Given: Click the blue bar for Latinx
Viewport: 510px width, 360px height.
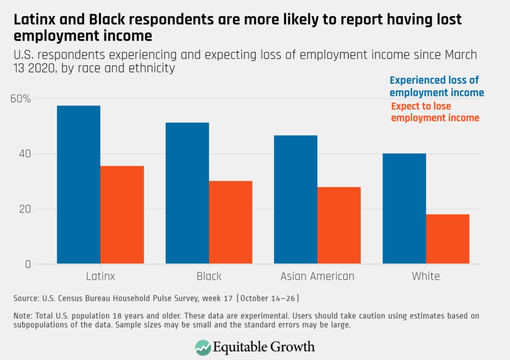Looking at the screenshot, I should pos(78,185).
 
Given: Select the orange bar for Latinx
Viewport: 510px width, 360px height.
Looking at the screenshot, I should pos(122,215).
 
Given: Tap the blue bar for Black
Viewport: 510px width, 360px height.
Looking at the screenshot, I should pos(187,193).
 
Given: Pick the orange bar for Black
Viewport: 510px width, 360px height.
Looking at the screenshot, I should pos(230,222).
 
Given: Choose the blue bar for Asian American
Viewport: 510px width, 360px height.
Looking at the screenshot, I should pos(296,199).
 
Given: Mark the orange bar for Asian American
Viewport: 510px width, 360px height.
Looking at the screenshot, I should pos(339,225).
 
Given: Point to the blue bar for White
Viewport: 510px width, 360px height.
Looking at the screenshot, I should pos(404,208).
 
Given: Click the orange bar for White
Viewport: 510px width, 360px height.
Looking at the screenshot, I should pos(448,239).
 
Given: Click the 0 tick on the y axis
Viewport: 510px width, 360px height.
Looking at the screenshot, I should pos(28,265).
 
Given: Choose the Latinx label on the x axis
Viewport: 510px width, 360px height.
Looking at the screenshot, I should pos(100,276).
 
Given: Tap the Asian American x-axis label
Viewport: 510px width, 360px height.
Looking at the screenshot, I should pos(317,276).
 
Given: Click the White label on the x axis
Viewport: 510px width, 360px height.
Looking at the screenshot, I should pos(425,276).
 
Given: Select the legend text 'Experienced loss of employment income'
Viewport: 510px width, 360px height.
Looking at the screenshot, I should pos(436,86).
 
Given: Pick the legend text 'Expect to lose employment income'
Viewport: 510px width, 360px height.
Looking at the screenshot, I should pos(434,112).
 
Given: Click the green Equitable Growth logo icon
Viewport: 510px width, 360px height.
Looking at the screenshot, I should pos(203,347).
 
